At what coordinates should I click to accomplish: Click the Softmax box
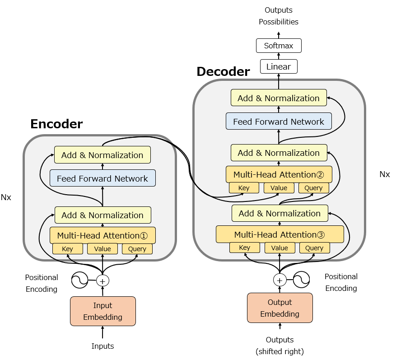click(x=279, y=46)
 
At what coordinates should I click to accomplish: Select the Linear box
click(x=279, y=66)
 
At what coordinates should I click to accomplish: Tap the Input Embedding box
click(x=103, y=311)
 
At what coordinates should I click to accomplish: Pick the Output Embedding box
click(x=280, y=308)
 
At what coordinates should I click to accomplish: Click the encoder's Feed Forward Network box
click(x=102, y=178)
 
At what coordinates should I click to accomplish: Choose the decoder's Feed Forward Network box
click(x=279, y=121)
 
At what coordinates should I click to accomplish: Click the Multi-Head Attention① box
click(x=102, y=235)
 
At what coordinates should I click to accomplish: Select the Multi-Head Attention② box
click(x=279, y=174)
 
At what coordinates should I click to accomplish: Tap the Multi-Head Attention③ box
click(x=280, y=234)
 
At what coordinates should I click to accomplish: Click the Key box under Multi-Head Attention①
click(x=68, y=249)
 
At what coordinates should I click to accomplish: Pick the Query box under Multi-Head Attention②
click(x=313, y=188)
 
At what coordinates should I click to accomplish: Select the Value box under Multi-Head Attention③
click(x=280, y=248)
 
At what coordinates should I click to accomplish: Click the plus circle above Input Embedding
click(x=102, y=281)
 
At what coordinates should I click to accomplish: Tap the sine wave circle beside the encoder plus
click(x=80, y=280)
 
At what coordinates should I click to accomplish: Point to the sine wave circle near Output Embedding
click(x=301, y=280)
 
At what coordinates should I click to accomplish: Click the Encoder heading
click(x=56, y=124)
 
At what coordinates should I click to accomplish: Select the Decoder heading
click(x=224, y=71)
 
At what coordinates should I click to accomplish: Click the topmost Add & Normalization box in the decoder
click(x=279, y=98)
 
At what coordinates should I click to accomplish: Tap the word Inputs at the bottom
click(x=103, y=346)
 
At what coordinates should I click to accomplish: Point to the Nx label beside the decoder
click(x=385, y=174)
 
